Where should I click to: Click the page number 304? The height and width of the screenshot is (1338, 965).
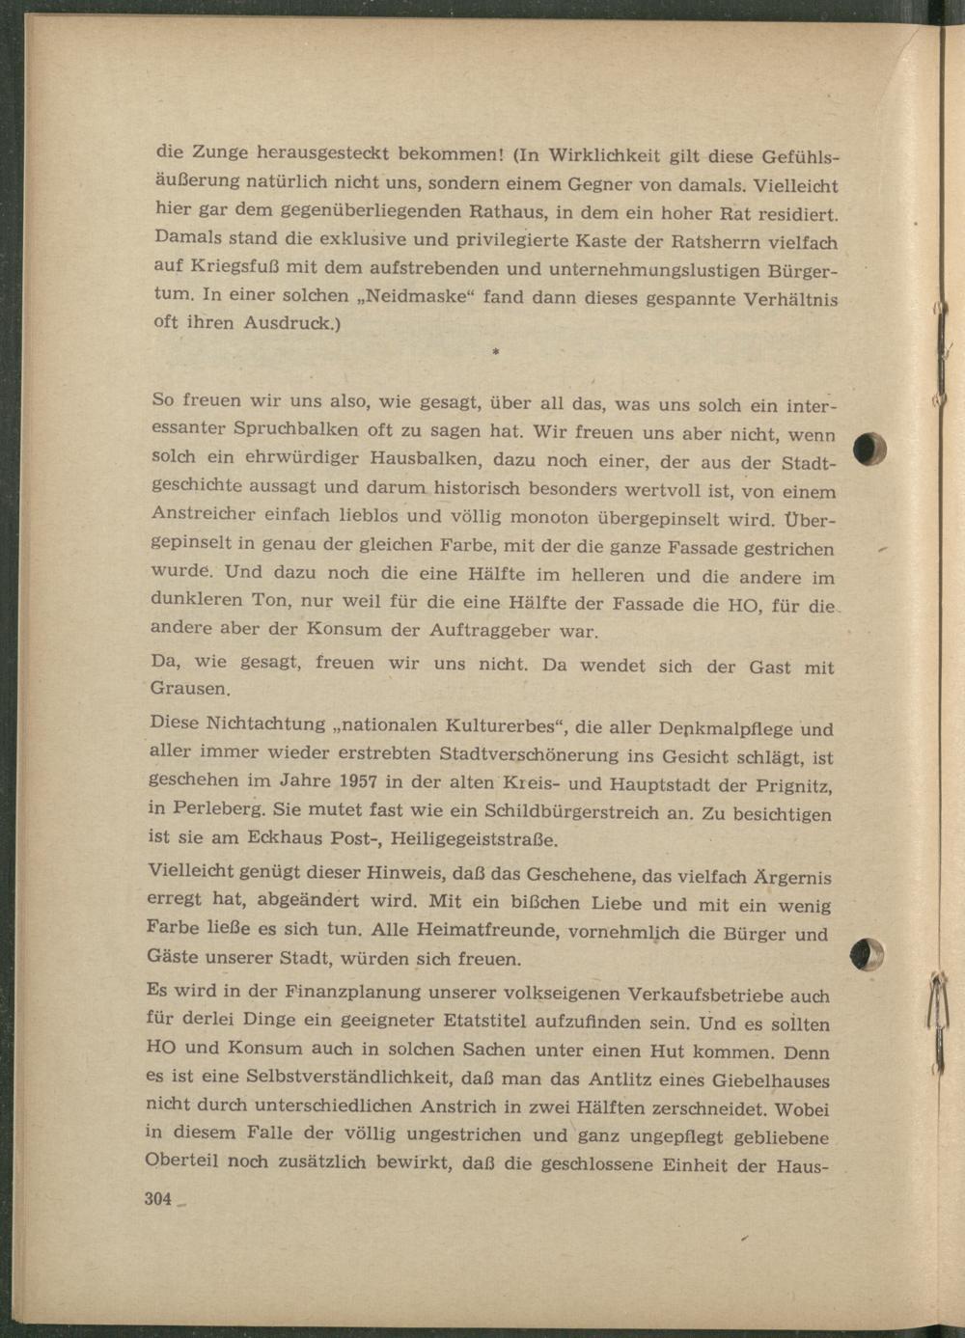157,1199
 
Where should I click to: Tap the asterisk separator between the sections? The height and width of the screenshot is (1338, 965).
495,354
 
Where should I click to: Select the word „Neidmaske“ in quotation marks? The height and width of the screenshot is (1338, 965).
418,296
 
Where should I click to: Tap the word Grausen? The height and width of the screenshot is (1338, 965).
190,689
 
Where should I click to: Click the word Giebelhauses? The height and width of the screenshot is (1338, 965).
768,1080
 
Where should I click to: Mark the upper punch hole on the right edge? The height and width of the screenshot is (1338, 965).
872,451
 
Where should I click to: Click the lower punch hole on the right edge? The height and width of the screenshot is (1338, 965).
869,955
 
